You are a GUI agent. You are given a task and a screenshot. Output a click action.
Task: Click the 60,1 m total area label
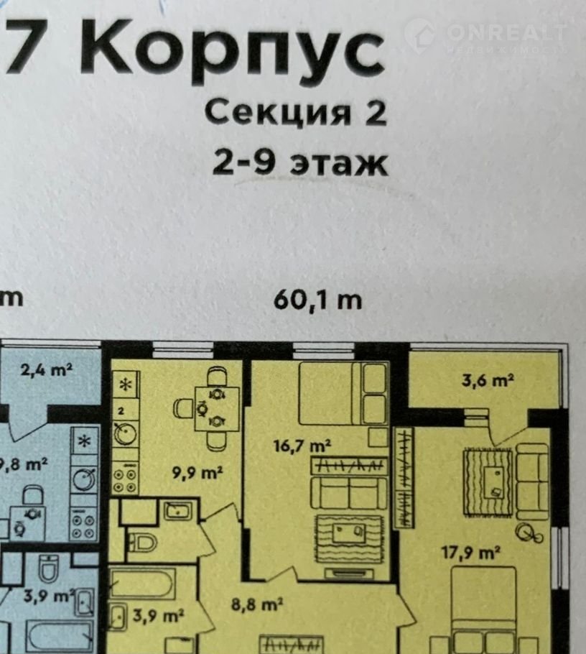pyautogui.click(x=317, y=300)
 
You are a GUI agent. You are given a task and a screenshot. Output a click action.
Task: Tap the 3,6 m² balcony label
pyautogui.click(x=488, y=380)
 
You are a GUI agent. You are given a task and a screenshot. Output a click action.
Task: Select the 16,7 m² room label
pyautogui.click(x=302, y=446)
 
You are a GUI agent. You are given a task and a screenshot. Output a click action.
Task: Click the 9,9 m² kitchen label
pyautogui.click(x=197, y=473)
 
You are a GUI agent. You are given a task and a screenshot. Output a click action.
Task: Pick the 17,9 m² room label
pyautogui.click(x=471, y=553)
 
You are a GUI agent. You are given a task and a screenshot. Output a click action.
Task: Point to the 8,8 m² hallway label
pyautogui.click(x=257, y=604)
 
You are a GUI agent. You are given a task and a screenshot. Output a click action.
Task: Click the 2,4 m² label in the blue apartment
pyautogui.click(x=47, y=369)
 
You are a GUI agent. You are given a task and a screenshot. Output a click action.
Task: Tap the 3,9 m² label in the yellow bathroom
pyautogui.click(x=158, y=615)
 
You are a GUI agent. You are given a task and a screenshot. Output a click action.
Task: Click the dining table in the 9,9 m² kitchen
pyautogui.click(x=217, y=409)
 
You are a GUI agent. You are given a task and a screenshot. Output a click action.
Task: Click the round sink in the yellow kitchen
pyautogui.click(x=125, y=434)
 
